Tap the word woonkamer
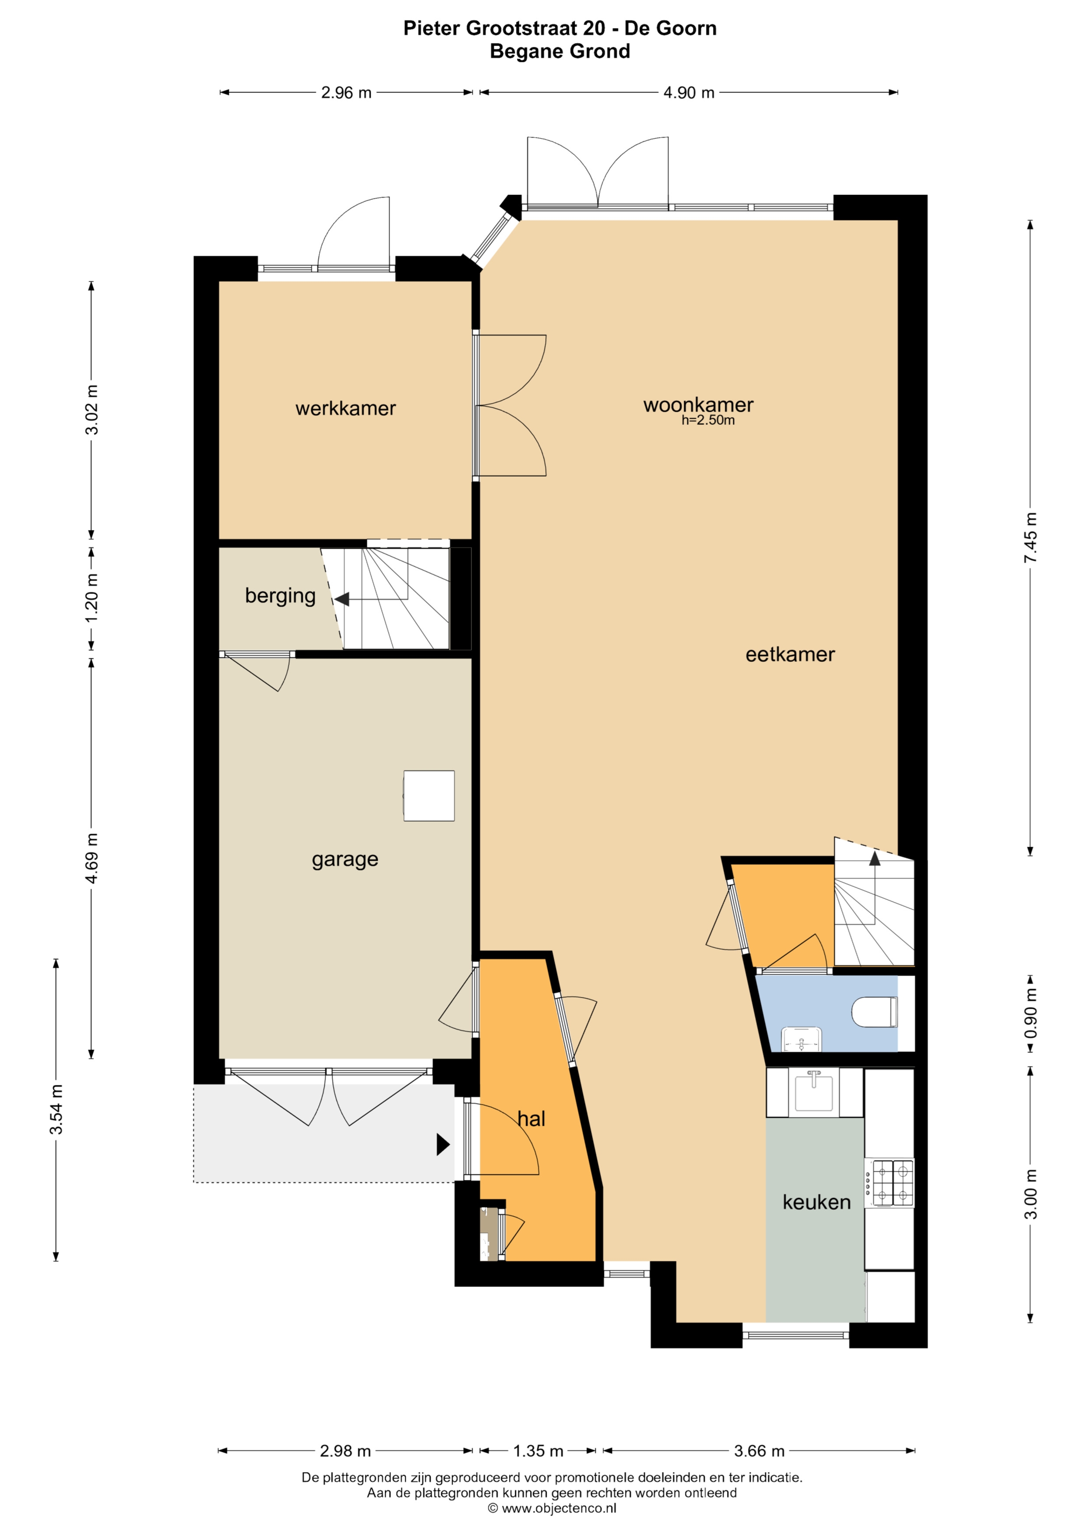pos(698,405)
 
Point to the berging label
pos(280,596)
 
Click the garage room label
pos(345,860)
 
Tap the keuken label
pos(816,1202)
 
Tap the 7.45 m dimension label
pos(1030,538)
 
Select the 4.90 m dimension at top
pos(689,92)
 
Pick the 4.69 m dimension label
pos(91,858)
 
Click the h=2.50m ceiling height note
pos(708,420)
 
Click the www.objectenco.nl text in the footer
pos(559,1508)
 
